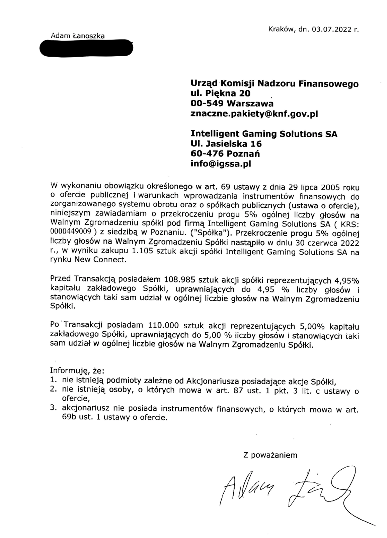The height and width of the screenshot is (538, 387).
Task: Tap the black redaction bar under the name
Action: pyautogui.click(x=86, y=48)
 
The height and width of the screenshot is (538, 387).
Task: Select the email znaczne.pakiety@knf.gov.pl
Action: pyautogui.click(x=253, y=114)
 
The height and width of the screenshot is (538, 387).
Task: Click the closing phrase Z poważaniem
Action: pyautogui.click(x=270, y=455)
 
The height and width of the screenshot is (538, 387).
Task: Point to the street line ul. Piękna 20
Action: pyautogui.click(x=220, y=93)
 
